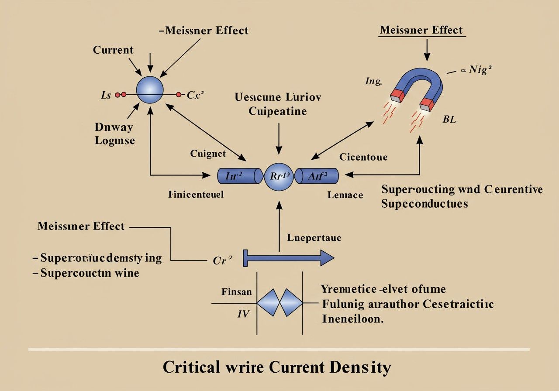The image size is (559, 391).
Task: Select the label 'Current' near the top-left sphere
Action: click(x=113, y=50)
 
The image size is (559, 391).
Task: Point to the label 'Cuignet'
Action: click(x=208, y=153)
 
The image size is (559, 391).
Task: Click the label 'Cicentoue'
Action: click(x=363, y=157)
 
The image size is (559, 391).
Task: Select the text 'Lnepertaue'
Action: click(x=314, y=238)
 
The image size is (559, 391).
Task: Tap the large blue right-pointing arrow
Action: click(x=289, y=258)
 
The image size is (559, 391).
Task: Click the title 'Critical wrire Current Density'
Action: click(x=276, y=367)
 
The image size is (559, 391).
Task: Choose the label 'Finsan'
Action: click(x=236, y=292)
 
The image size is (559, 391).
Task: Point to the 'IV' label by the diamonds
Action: click(x=243, y=313)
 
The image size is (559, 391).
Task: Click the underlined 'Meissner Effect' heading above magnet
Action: click(x=421, y=30)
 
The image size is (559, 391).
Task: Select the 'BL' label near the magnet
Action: click(x=449, y=120)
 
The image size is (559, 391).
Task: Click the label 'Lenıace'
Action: click(x=345, y=195)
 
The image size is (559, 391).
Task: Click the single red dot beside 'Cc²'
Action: click(x=178, y=94)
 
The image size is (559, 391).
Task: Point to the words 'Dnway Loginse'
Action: click(x=114, y=134)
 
